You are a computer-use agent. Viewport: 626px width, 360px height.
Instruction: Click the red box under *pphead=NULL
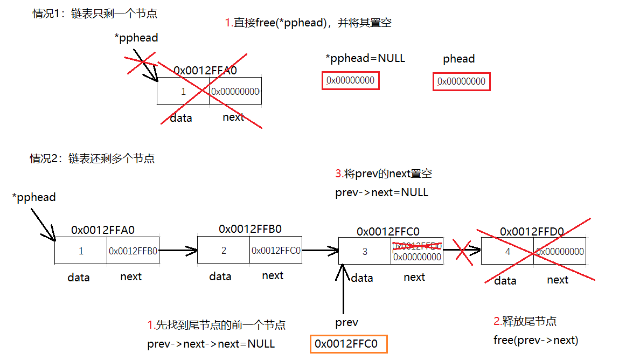point(351,81)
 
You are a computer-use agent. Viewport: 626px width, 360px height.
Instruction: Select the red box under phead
point(462,82)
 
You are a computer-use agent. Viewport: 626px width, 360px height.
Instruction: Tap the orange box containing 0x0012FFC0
point(349,344)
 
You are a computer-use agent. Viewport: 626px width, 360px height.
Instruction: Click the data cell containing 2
point(224,250)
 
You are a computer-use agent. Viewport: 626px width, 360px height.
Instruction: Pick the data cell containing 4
point(507,252)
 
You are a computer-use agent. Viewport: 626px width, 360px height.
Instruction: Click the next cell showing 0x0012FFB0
point(133,251)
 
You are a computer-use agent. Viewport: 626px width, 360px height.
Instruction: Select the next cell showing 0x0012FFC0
point(276,250)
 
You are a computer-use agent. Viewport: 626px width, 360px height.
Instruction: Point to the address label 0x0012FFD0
point(532,232)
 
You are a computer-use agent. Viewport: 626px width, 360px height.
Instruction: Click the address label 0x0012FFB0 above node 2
point(250,229)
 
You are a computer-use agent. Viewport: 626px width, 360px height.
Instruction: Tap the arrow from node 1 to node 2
point(178,250)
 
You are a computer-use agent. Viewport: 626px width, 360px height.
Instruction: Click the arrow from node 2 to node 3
point(320,250)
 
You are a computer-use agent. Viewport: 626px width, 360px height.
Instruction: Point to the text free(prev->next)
point(535,340)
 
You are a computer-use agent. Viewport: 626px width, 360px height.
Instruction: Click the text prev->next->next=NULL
point(211,344)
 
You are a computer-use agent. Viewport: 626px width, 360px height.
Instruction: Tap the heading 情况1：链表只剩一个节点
point(95,14)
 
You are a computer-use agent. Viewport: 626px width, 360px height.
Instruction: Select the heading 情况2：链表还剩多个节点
point(92,158)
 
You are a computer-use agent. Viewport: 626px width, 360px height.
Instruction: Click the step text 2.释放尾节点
point(525,322)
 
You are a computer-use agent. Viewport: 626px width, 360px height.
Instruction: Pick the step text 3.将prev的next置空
point(384,174)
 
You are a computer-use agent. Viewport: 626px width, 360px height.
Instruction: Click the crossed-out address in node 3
point(418,246)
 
